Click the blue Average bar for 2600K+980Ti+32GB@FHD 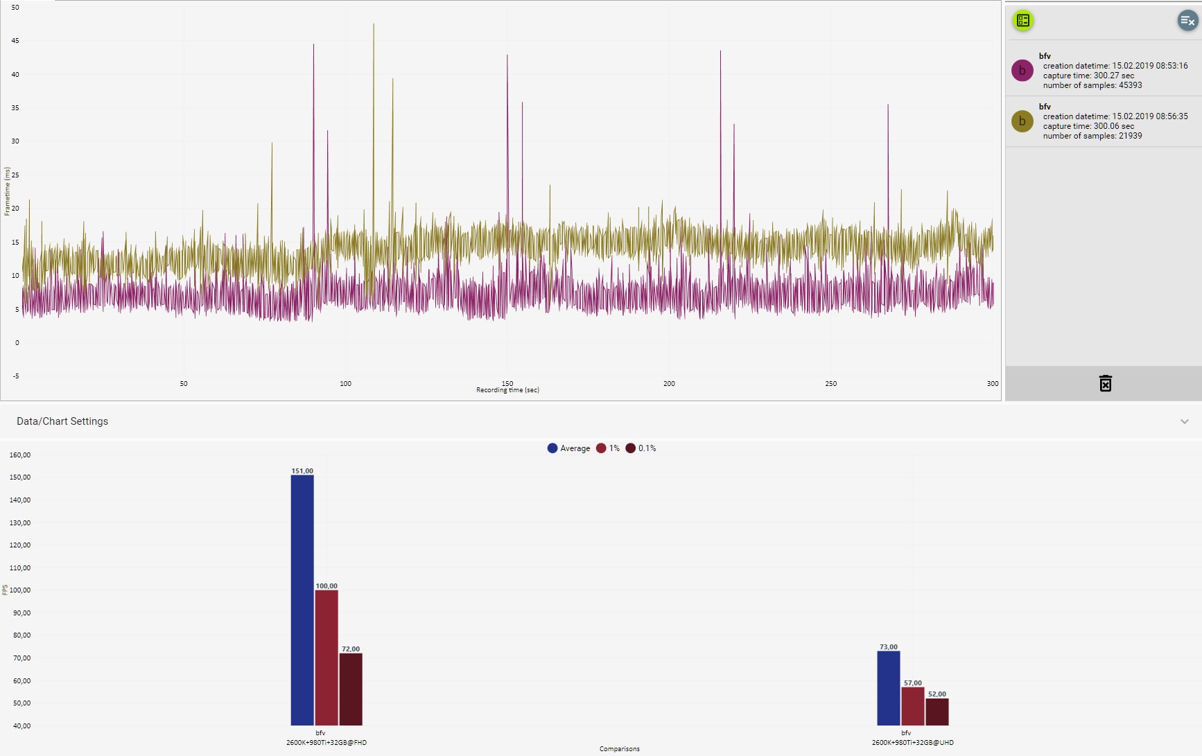pyautogui.click(x=302, y=599)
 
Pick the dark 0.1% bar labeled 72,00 pyautogui.click(x=351, y=689)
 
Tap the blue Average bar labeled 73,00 pyautogui.click(x=889, y=687)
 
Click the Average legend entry pyautogui.click(x=569, y=448)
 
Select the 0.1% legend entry pyautogui.click(x=641, y=448)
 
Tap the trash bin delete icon pyautogui.click(x=1105, y=383)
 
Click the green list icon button pyautogui.click(x=1023, y=21)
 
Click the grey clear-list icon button pyautogui.click(x=1187, y=21)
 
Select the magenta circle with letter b pyautogui.click(x=1022, y=71)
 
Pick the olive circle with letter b pyautogui.click(x=1022, y=121)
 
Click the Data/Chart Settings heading pyautogui.click(x=62, y=421)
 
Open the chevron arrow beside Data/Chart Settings pyautogui.click(x=1185, y=421)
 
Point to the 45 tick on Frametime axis pyautogui.click(x=15, y=41)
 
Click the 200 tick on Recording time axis pyautogui.click(x=669, y=383)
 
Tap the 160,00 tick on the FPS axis pyautogui.click(x=20, y=455)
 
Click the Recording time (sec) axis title pyautogui.click(x=507, y=390)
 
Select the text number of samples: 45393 pyautogui.click(x=1092, y=85)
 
